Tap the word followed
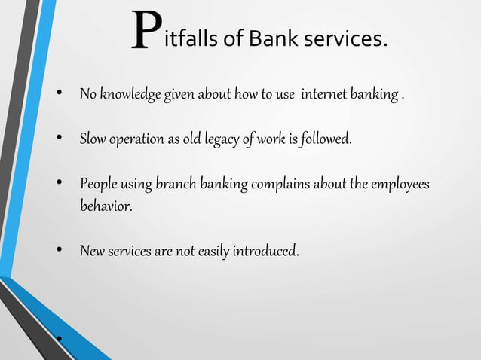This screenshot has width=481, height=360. pos(326,139)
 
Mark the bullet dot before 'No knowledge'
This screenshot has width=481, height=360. pos(57,96)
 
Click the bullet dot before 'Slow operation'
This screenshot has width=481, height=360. pos(57,139)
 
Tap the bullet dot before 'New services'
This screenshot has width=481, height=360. pos(57,250)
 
